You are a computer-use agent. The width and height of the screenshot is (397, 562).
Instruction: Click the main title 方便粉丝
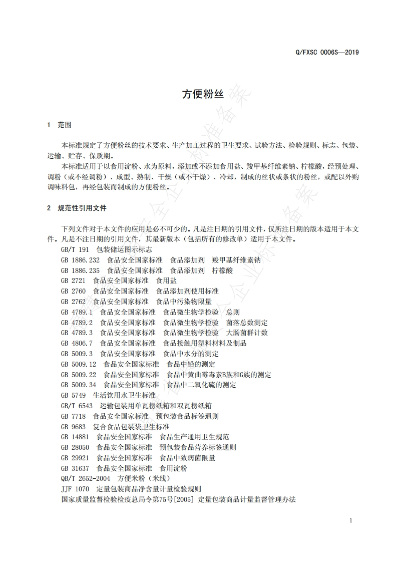pos(198,94)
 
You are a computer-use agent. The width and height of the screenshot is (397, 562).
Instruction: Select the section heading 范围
pos(65,124)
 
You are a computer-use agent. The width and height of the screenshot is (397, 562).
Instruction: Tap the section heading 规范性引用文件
pos(82,207)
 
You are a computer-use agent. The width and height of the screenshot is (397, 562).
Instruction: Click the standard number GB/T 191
pos(75,249)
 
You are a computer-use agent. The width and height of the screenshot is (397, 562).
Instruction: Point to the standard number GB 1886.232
pos(80,260)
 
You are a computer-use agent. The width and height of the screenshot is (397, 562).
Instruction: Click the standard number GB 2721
pos(73,280)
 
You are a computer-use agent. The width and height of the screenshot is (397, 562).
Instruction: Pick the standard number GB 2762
pos(73,302)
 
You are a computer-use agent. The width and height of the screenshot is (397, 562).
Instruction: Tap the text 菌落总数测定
pos(247,322)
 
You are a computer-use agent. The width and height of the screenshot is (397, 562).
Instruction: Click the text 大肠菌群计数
pos(247,333)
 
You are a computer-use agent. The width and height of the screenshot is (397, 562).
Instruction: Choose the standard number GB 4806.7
pos(77,343)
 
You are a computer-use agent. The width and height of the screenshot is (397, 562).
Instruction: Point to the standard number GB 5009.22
pos(79,374)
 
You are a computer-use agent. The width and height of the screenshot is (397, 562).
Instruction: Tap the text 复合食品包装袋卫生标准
pos(131,427)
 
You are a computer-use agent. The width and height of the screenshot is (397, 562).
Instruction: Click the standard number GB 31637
pos(75,468)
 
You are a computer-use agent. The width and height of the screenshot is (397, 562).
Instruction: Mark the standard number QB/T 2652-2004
pos(86,479)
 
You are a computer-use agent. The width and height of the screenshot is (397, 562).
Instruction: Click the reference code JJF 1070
pos(75,489)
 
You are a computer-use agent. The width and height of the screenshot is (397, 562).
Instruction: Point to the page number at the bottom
pos(351,520)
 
